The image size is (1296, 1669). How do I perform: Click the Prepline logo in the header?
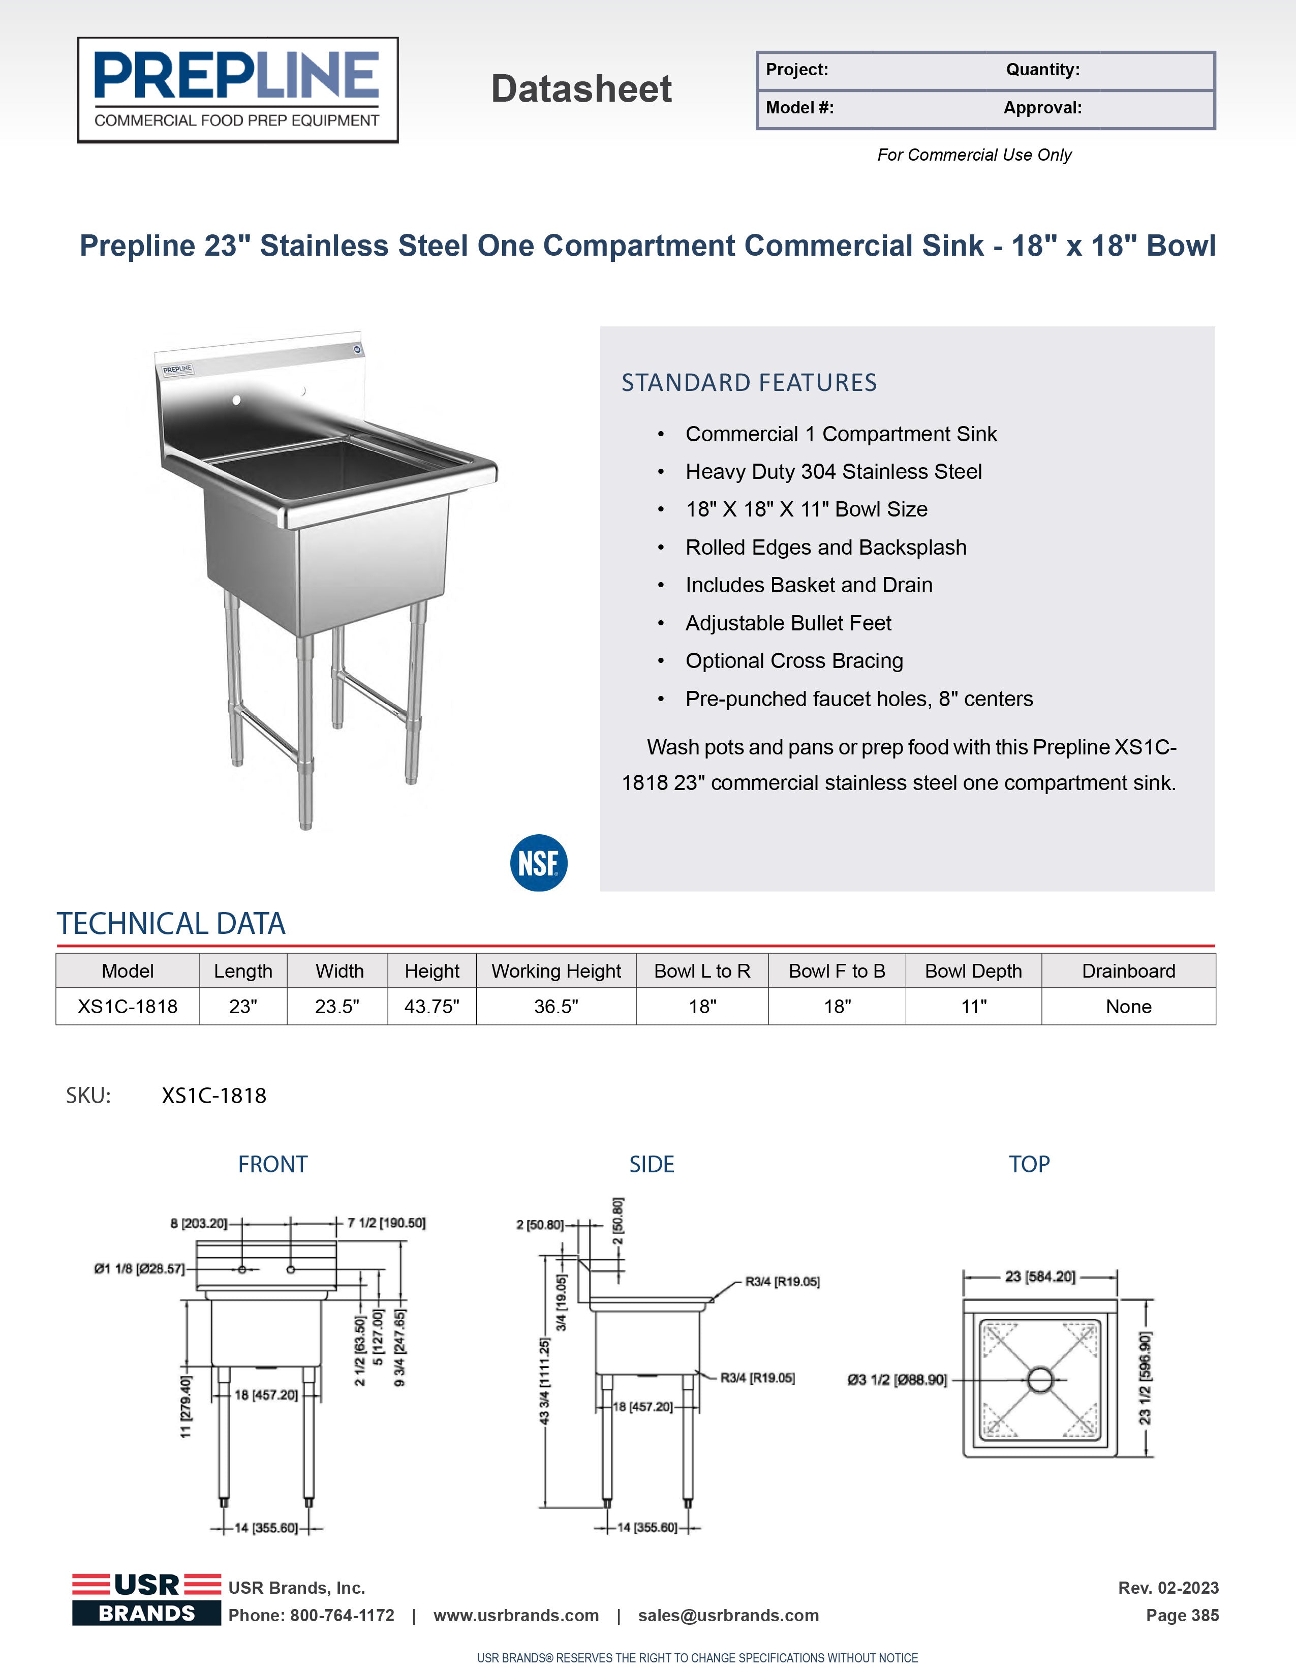[x=238, y=89]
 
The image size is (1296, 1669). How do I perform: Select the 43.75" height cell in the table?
[x=431, y=1007]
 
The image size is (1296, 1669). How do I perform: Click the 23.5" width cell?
[x=337, y=1007]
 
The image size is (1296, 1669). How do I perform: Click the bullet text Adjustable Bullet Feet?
[x=788, y=623]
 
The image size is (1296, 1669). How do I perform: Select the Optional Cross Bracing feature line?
[x=794, y=660]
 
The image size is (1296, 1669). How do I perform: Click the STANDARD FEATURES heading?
[x=749, y=382]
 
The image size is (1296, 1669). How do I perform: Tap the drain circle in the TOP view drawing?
[x=1039, y=1379]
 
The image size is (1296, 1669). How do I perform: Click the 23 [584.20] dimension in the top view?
[x=1040, y=1276]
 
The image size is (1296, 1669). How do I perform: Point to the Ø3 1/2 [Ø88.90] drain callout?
[x=897, y=1379]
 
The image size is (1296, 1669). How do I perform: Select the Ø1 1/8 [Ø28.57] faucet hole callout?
[x=139, y=1268]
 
